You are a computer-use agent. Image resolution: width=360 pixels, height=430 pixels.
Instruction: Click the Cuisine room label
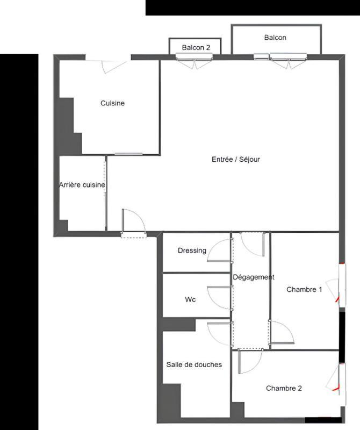pyautogui.click(x=112, y=103)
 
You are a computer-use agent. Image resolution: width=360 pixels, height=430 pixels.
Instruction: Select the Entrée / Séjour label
pyautogui.click(x=236, y=159)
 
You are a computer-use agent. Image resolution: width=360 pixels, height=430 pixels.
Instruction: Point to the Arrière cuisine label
pyautogui.click(x=82, y=185)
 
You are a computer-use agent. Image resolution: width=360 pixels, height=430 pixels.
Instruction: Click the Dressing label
pyautogui.click(x=192, y=250)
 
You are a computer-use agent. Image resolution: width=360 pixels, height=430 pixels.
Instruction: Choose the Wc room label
pyautogui.click(x=190, y=299)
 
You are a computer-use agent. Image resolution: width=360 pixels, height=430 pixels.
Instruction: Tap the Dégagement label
pyautogui.click(x=253, y=277)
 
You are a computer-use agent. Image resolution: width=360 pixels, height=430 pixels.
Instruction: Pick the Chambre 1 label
pyautogui.click(x=304, y=289)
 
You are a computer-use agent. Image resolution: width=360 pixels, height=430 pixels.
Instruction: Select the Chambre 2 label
pyautogui.click(x=284, y=388)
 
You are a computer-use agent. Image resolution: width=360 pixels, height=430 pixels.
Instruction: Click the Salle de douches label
pyautogui.click(x=194, y=364)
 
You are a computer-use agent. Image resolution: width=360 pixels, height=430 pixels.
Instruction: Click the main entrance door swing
pyautogui.click(x=133, y=221)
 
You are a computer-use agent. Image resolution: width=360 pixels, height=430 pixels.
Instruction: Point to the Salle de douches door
pyautogui.click(x=219, y=334)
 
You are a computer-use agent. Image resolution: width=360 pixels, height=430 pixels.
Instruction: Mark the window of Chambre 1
pyautogui.click(x=340, y=284)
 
